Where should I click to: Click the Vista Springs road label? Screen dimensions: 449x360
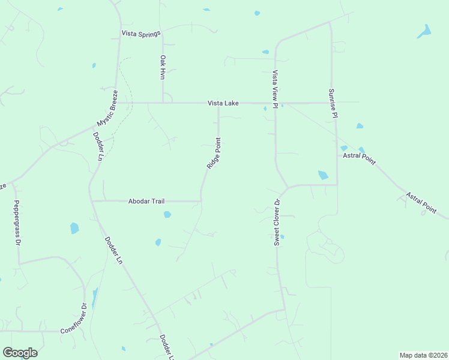(141, 34)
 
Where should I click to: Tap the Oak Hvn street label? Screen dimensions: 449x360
(162, 67)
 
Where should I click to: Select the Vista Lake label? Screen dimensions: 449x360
(223, 103)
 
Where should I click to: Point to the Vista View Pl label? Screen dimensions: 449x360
(275, 89)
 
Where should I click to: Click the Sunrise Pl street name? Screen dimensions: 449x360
(333, 103)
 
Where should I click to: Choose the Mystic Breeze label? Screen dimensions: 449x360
(106, 109)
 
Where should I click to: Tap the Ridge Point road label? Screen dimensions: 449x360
(214, 153)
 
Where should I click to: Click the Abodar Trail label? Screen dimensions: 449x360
(146, 201)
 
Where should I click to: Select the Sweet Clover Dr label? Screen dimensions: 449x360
(277, 223)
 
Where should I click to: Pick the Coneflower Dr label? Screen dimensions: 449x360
(74, 319)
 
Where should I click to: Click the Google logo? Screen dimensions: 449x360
(20, 353)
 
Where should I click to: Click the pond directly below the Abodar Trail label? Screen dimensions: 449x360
(167, 214)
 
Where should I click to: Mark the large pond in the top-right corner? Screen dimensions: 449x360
(425, 31)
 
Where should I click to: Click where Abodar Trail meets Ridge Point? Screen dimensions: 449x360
(200, 201)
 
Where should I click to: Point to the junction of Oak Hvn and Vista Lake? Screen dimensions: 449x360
(163, 103)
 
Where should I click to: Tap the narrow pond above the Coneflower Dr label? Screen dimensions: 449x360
(95, 296)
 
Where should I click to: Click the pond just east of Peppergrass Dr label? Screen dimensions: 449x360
(74, 228)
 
